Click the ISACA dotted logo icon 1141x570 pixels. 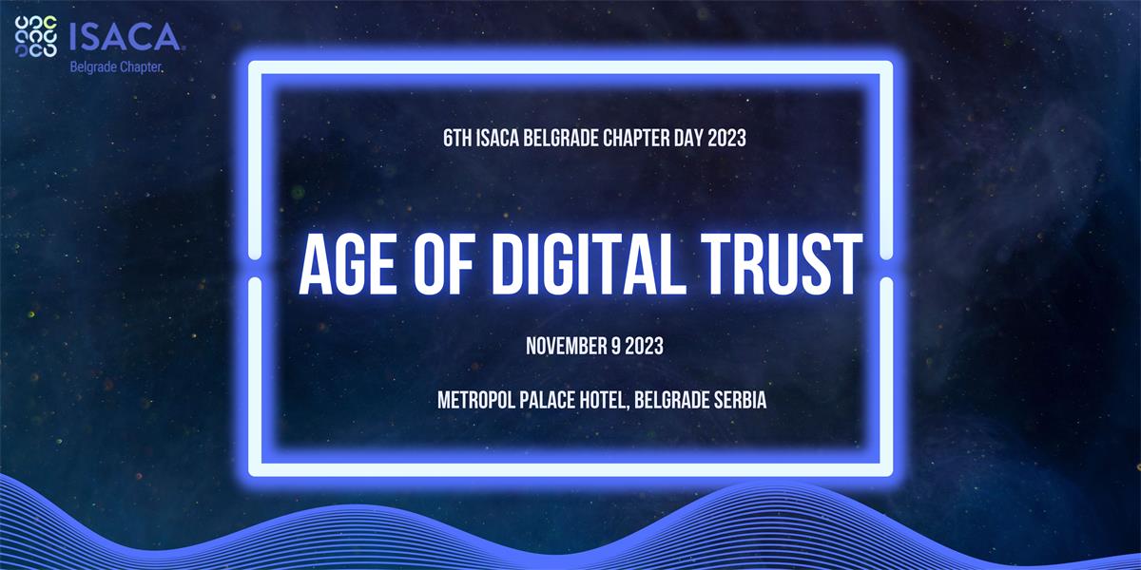click(x=36, y=36)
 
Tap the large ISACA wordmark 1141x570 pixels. click(x=125, y=37)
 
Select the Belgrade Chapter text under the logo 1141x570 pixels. click(x=116, y=67)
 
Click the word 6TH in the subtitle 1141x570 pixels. click(x=457, y=138)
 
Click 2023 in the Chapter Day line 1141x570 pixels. click(x=726, y=138)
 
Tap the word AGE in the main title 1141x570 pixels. click(x=347, y=265)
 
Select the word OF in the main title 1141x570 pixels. click(x=444, y=265)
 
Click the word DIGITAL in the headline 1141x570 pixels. click(x=589, y=265)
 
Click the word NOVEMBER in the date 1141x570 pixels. click(x=566, y=346)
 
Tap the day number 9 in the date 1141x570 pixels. click(x=615, y=346)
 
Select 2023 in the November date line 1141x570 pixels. click(x=645, y=346)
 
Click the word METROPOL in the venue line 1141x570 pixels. click(x=475, y=400)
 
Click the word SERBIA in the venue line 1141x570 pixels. click(x=740, y=400)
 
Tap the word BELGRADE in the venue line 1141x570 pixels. click(x=671, y=400)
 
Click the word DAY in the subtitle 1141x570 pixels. click(x=688, y=138)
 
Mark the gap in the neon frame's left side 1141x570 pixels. click(x=255, y=269)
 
